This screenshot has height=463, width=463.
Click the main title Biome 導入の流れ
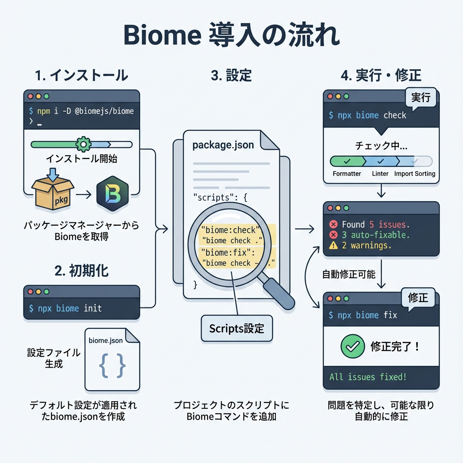[x=231, y=37]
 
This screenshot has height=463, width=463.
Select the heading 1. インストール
[x=81, y=75]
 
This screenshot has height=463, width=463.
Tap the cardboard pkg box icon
[x=53, y=194]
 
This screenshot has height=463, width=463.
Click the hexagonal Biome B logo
[x=113, y=194]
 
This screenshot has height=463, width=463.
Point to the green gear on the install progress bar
[x=83, y=144]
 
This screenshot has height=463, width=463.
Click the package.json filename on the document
[x=223, y=145]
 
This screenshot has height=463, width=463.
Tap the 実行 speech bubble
[x=420, y=97]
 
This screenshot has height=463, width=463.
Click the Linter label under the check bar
[x=380, y=174]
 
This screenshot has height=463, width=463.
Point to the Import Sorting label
[x=415, y=174]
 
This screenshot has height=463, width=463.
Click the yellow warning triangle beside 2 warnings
[x=334, y=246]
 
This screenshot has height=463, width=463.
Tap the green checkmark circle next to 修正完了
[x=352, y=347]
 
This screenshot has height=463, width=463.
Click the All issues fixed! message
[x=368, y=376]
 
